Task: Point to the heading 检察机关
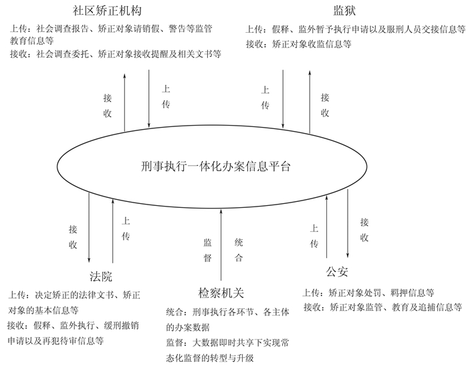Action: [221, 293]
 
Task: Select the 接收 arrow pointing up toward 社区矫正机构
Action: [122, 100]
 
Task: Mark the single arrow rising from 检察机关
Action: [221, 245]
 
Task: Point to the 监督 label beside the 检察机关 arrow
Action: [207, 249]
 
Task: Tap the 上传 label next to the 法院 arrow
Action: [126, 228]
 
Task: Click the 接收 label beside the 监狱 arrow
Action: [325, 105]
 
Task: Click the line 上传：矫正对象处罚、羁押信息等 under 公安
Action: [369, 293]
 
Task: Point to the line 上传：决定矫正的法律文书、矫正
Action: [74, 294]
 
